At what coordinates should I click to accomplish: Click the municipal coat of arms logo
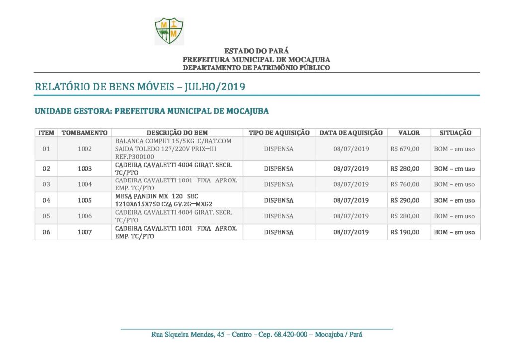pos(169,31)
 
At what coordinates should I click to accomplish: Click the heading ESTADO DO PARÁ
pos(256,51)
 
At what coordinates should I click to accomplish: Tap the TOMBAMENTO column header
pos(85,133)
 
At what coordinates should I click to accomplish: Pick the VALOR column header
pos(409,133)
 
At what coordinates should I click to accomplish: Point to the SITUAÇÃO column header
pos(455,133)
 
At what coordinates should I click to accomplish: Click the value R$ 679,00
pos(405,149)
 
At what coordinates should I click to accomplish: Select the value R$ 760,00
pos(405,184)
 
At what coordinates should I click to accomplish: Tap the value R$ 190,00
pos(405,232)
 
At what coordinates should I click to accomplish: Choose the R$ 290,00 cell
pos(405,200)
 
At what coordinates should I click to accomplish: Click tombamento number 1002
pos(85,149)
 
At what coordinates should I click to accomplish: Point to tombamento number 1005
pos(85,200)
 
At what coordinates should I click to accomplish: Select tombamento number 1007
pos(85,232)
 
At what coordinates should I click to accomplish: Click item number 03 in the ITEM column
pos(46,184)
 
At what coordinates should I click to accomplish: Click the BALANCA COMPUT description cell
pos(173,149)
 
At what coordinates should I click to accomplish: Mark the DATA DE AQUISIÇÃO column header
pos(351,133)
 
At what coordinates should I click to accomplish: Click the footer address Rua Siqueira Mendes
pos(256,334)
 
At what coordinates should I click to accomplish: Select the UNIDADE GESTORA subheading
pos(152,111)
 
